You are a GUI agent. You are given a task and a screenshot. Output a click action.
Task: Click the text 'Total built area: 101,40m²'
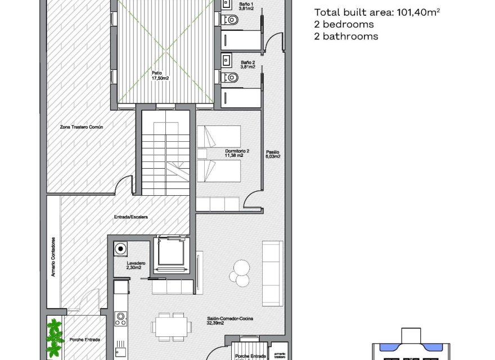(x=376, y=12)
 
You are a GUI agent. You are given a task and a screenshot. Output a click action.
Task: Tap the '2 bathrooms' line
(x=346, y=37)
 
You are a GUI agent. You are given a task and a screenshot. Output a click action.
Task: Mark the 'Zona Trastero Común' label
(x=82, y=128)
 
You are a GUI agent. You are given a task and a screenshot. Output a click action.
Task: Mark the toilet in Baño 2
(x=231, y=77)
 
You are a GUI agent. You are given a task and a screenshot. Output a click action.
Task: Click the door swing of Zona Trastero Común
(x=125, y=185)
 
